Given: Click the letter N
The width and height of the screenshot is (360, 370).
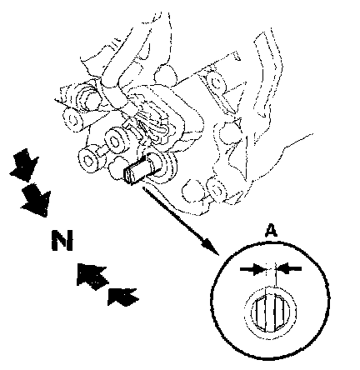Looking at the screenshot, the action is coord(62,240).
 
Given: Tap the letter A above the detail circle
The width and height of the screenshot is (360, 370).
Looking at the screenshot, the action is coord(271,231).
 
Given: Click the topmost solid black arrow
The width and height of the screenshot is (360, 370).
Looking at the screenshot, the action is coord(24,165).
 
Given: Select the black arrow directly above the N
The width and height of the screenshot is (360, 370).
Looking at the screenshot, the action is coord(36,200).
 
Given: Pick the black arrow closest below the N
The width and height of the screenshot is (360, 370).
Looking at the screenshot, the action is coord(91,276).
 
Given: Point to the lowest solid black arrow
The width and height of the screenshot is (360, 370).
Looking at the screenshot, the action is coord(122,296).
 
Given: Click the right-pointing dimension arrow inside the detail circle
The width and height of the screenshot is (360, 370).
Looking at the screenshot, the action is coord(252,269).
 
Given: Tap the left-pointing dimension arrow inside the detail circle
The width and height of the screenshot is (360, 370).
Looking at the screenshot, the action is coord(289,268).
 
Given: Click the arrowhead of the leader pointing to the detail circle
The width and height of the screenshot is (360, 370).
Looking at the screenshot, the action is coord(211,247).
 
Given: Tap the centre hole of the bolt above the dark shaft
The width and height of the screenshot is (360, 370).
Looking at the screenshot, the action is coord(114,141).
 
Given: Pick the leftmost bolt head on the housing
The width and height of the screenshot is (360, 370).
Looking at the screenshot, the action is coord(72,119).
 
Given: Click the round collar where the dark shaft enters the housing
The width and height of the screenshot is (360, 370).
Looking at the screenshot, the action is coord(164,166).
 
